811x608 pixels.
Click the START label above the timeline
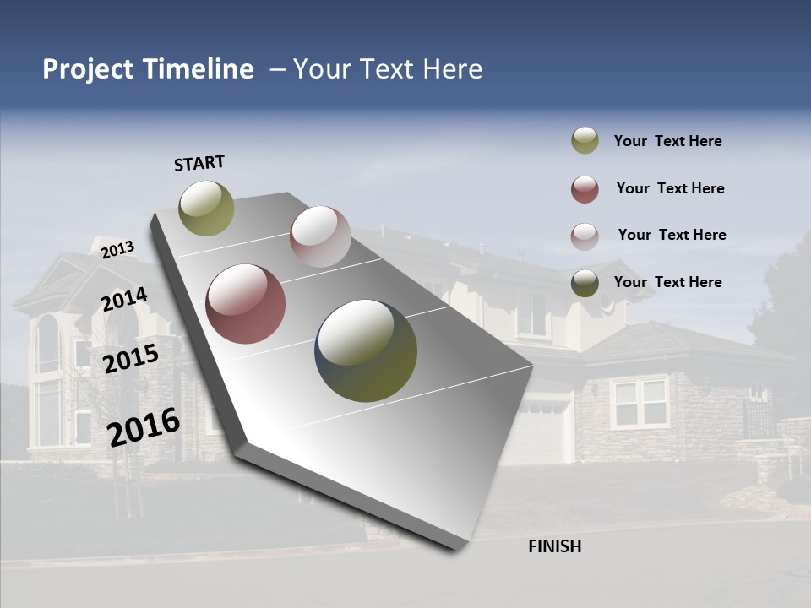point(199,163)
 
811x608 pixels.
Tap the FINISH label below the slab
point(554,546)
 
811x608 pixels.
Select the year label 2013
point(117,249)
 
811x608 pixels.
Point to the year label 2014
point(124,300)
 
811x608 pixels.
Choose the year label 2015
point(130,359)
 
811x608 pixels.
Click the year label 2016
point(144,427)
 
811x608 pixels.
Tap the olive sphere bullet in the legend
point(585,141)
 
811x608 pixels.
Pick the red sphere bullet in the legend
point(585,189)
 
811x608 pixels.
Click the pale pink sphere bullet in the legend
point(585,236)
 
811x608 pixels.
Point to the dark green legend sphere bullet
point(585,283)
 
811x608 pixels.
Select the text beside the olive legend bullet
point(667,141)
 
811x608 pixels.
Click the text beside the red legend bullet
point(670,188)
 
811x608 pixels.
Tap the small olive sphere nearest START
point(206,208)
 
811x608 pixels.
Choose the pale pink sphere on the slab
point(320,236)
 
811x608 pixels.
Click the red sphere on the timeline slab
point(246,304)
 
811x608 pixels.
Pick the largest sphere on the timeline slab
point(366,350)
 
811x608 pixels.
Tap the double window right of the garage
point(639,402)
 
